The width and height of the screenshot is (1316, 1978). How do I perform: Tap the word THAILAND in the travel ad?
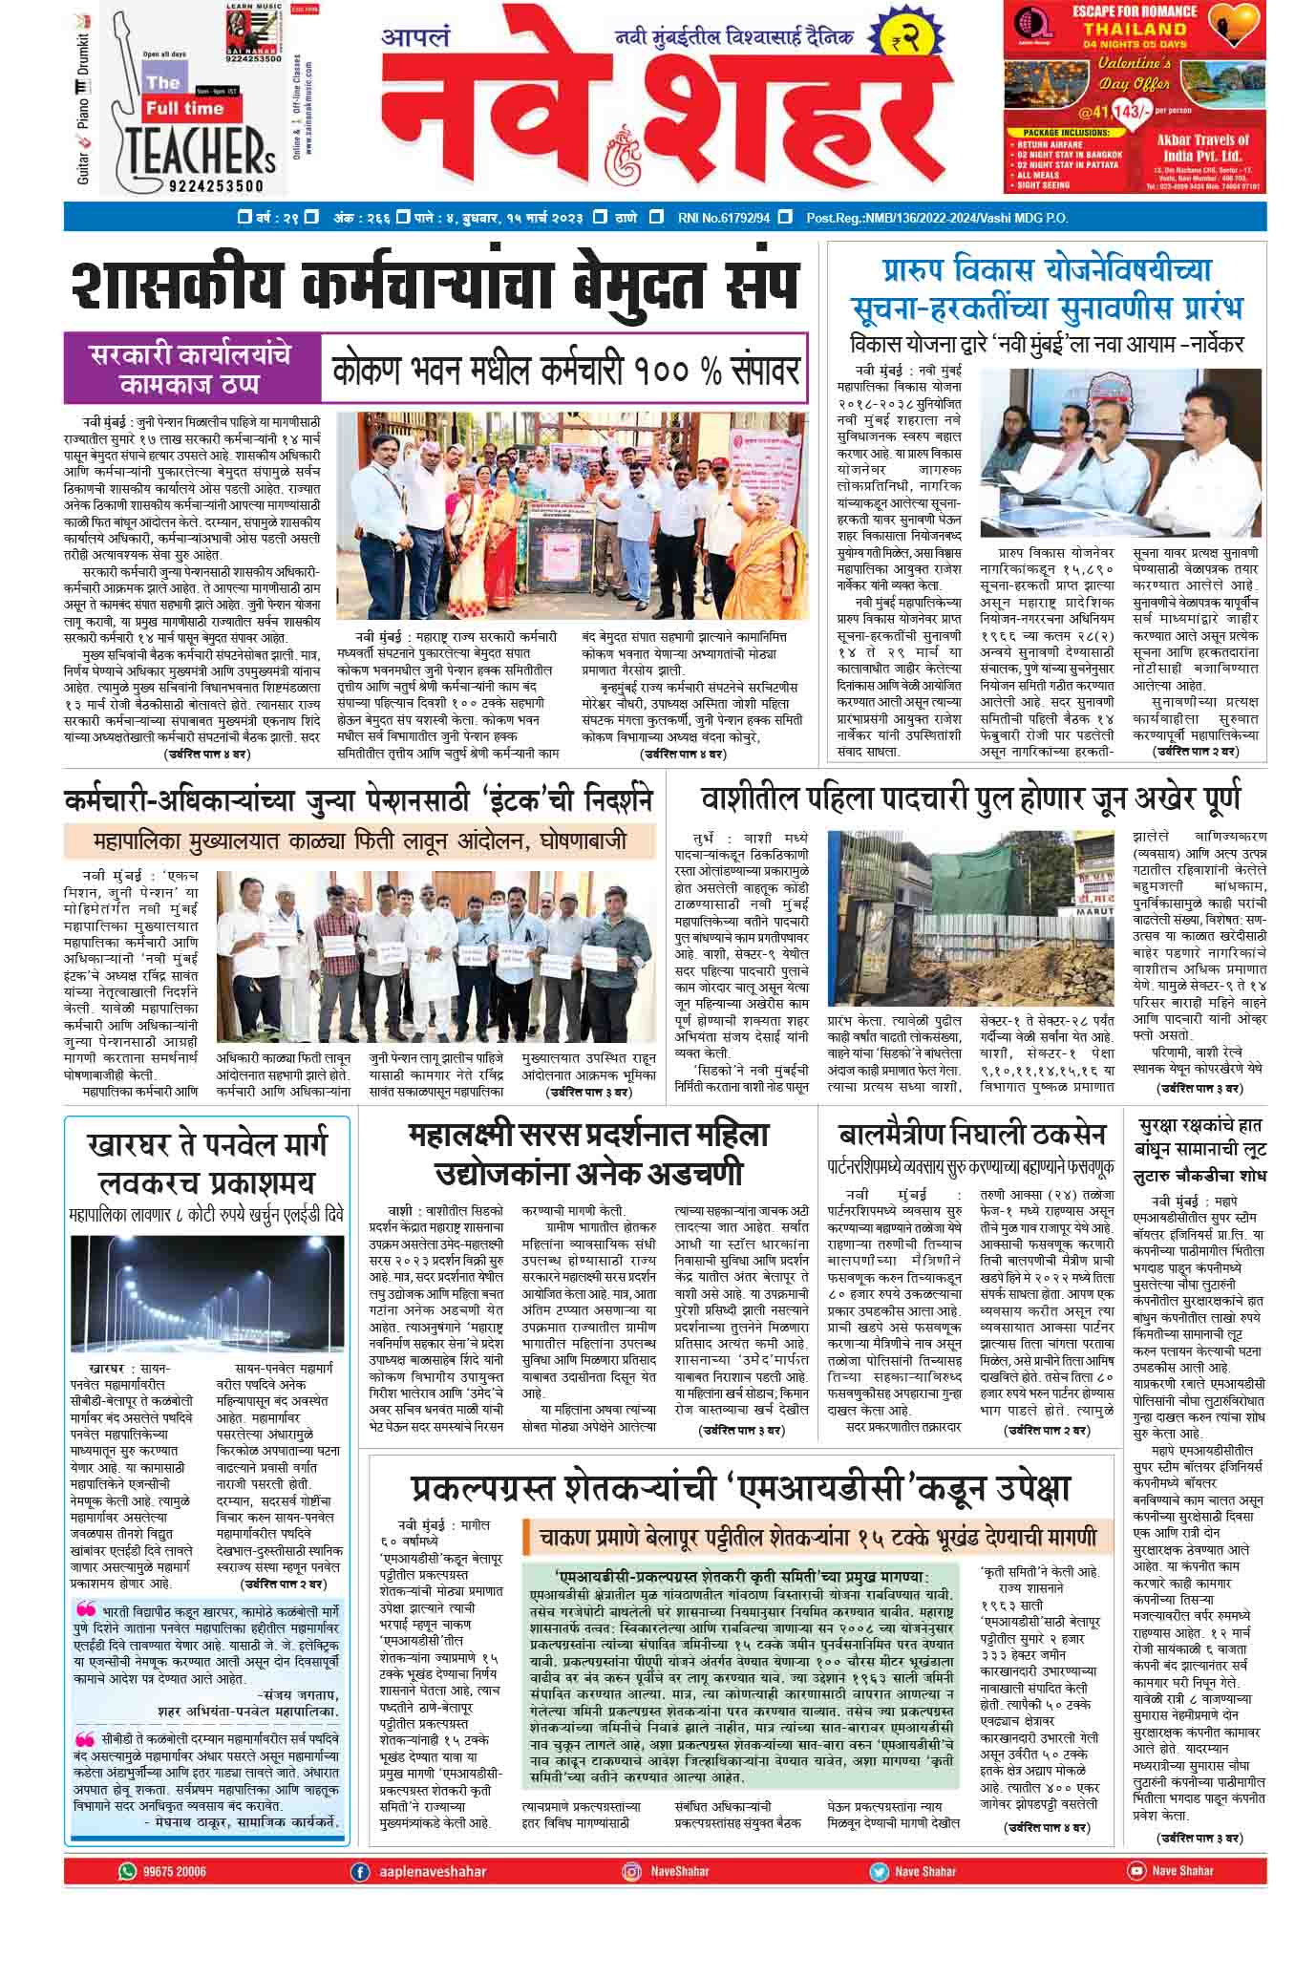coord(1134,29)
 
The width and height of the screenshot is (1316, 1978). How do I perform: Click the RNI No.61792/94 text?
coord(723,218)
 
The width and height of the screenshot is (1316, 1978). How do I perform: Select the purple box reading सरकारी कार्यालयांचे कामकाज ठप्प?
coord(191,369)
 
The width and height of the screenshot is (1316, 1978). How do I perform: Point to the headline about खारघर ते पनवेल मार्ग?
coord(206,1161)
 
